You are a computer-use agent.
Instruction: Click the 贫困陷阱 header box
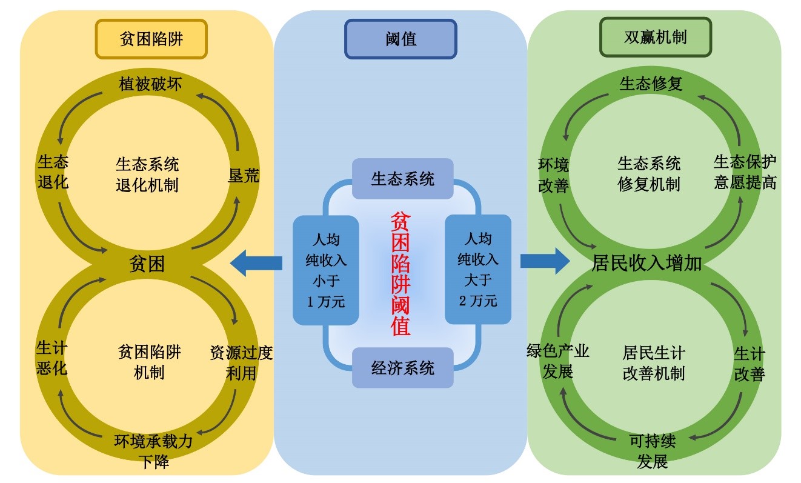[151, 39]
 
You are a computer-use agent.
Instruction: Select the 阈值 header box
[400, 39]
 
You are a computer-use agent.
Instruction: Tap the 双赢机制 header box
[655, 38]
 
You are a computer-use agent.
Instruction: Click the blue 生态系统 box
[403, 179]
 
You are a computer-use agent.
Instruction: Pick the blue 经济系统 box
[403, 367]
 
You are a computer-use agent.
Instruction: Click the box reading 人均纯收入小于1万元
[326, 270]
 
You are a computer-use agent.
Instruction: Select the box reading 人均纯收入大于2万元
[478, 270]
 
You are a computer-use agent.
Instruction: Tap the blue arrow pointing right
[545, 261]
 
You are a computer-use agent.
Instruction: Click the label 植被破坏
[150, 82]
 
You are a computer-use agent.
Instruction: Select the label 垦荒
[244, 176]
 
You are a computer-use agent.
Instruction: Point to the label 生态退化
[53, 172]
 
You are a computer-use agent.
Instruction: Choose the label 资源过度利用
[241, 362]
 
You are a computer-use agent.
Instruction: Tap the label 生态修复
[651, 84]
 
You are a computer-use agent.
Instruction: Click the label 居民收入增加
[646, 264]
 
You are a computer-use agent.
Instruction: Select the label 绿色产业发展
[558, 361]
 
